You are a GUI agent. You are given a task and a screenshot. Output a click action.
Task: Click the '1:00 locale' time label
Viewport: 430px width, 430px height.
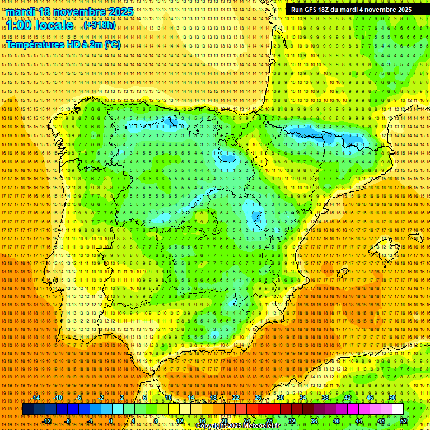click(39, 25)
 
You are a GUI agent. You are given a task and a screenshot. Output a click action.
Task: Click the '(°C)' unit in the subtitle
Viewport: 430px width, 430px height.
click(112, 44)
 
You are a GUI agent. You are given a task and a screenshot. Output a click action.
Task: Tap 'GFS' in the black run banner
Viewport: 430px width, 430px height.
click(314, 10)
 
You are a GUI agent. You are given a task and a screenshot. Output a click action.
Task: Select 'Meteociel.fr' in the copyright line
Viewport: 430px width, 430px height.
click(263, 426)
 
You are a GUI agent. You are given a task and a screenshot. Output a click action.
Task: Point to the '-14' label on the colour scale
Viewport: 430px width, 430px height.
click(36, 398)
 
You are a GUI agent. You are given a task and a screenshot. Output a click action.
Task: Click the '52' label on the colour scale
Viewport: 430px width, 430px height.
click(404, 421)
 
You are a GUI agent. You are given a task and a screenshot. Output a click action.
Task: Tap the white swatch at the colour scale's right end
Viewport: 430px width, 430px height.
click(398, 409)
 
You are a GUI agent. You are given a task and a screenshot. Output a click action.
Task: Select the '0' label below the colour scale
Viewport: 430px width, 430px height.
click(111, 421)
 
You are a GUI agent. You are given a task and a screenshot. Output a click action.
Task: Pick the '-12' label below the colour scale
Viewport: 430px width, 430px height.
click(47, 421)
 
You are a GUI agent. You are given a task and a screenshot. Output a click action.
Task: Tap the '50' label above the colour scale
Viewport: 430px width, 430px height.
click(392, 398)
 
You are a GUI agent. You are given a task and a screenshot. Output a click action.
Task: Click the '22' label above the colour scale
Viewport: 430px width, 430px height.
click(236, 398)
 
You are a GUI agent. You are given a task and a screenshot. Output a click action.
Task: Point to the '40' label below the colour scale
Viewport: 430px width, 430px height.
click(336, 421)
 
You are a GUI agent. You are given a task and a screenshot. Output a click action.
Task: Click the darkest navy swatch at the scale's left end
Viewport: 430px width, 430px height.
click(28, 409)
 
